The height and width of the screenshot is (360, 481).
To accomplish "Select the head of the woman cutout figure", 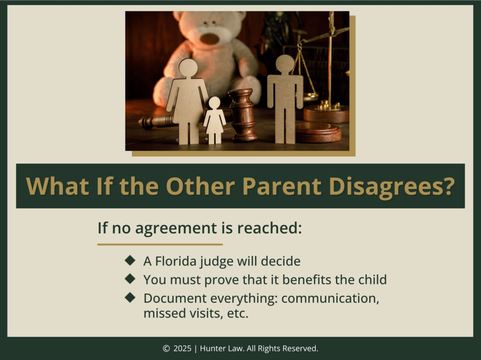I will pos(188,68).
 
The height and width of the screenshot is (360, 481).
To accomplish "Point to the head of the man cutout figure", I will pos(285,64).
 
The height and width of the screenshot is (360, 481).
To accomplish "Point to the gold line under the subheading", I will pos(160,245).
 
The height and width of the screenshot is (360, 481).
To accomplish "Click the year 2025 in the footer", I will pos(182,348).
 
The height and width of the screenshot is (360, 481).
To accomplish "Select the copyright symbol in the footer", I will pos(166,348).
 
